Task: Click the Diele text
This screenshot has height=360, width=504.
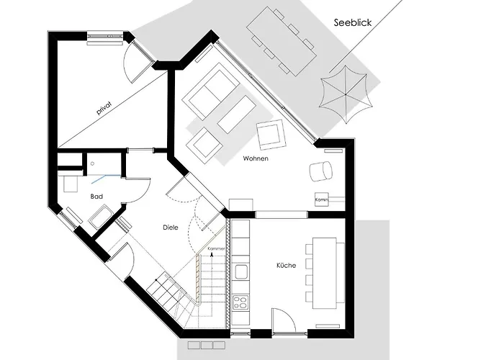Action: (x=169, y=228)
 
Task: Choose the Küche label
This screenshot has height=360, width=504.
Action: (x=286, y=266)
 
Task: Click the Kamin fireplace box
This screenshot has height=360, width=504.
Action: (x=321, y=199)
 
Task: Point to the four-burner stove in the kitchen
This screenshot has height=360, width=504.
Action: (x=240, y=301)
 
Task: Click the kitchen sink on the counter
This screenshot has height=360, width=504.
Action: (x=240, y=271)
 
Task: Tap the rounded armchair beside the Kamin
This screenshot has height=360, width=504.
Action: (x=320, y=171)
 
